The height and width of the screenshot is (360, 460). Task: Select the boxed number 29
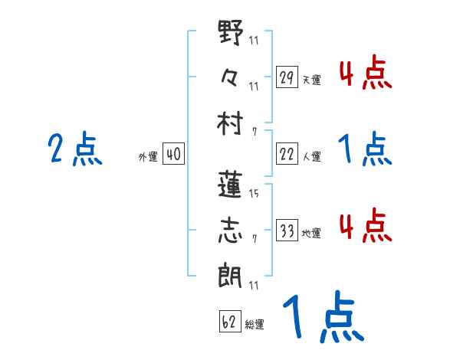pos(286,77)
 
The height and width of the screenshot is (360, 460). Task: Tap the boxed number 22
pos(286,155)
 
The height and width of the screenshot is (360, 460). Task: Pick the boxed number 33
pos(286,231)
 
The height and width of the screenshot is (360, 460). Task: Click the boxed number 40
pos(173,155)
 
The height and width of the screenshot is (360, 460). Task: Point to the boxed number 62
pos(229,321)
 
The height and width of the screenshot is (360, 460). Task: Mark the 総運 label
pos(255,324)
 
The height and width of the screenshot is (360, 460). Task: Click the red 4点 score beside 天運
pos(365,74)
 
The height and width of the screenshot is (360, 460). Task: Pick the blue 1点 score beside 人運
pos(365,149)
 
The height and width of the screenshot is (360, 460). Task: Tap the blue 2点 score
pos(74,149)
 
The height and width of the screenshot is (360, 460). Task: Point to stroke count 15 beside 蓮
pos(254,193)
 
